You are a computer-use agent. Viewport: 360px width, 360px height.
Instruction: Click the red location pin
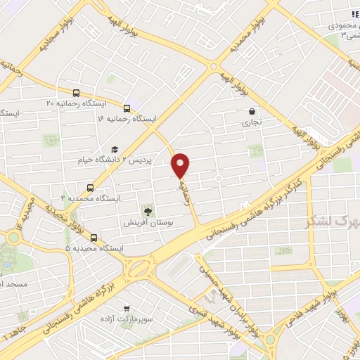181,165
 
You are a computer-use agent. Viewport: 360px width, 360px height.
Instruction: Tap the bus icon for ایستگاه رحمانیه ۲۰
76,92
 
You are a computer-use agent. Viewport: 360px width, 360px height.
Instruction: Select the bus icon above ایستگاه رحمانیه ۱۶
127,108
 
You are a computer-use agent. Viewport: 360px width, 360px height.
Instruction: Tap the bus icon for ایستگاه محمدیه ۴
90,187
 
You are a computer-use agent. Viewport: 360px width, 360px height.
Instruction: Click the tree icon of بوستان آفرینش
148,211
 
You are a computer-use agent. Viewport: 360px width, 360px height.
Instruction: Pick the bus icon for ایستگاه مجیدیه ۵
94,238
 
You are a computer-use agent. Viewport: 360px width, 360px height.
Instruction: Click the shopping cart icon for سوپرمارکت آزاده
126,308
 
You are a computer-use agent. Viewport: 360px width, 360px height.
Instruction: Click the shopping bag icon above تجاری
252,111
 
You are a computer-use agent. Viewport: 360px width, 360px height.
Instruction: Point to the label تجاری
252,122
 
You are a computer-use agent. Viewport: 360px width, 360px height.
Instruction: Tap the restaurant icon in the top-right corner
354,15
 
